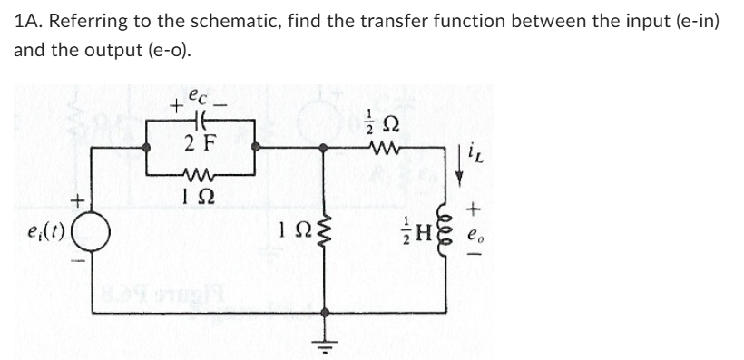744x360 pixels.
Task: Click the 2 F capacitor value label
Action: pos(200,142)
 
